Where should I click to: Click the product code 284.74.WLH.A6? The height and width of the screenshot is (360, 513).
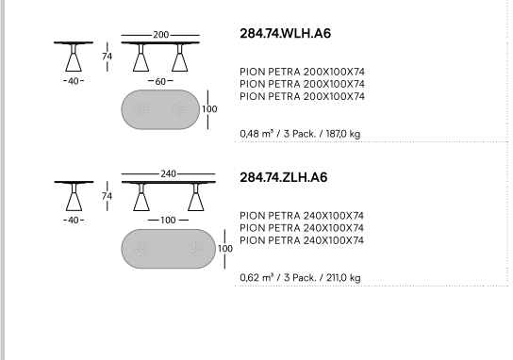(286, 33)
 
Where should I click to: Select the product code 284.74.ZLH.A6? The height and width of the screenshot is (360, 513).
(284, 177)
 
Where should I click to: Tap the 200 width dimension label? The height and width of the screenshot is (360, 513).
(160, 35)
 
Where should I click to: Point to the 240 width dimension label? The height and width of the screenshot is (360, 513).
(168, 173)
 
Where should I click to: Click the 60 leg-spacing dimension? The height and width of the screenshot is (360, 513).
(160, 81)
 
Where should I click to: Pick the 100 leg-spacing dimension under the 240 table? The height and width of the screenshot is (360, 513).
(168, 221)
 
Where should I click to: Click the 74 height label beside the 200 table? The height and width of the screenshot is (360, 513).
(107, 57)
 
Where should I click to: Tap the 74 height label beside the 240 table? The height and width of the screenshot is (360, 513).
(107, 196)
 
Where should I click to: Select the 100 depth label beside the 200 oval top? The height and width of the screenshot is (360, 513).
(209, 109)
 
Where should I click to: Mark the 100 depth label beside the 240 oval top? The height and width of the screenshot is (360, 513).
(225, 249)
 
